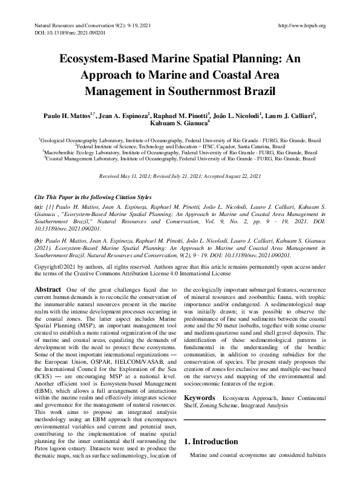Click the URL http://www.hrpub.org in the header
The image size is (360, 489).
coord(301,25)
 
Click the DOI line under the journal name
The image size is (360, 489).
coord(62,33)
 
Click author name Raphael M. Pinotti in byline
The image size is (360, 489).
coord(181,114)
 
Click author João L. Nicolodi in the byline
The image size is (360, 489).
coord(237,114)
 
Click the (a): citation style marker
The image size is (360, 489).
coord(38,206)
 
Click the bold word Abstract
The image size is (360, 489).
coord(48,290)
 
